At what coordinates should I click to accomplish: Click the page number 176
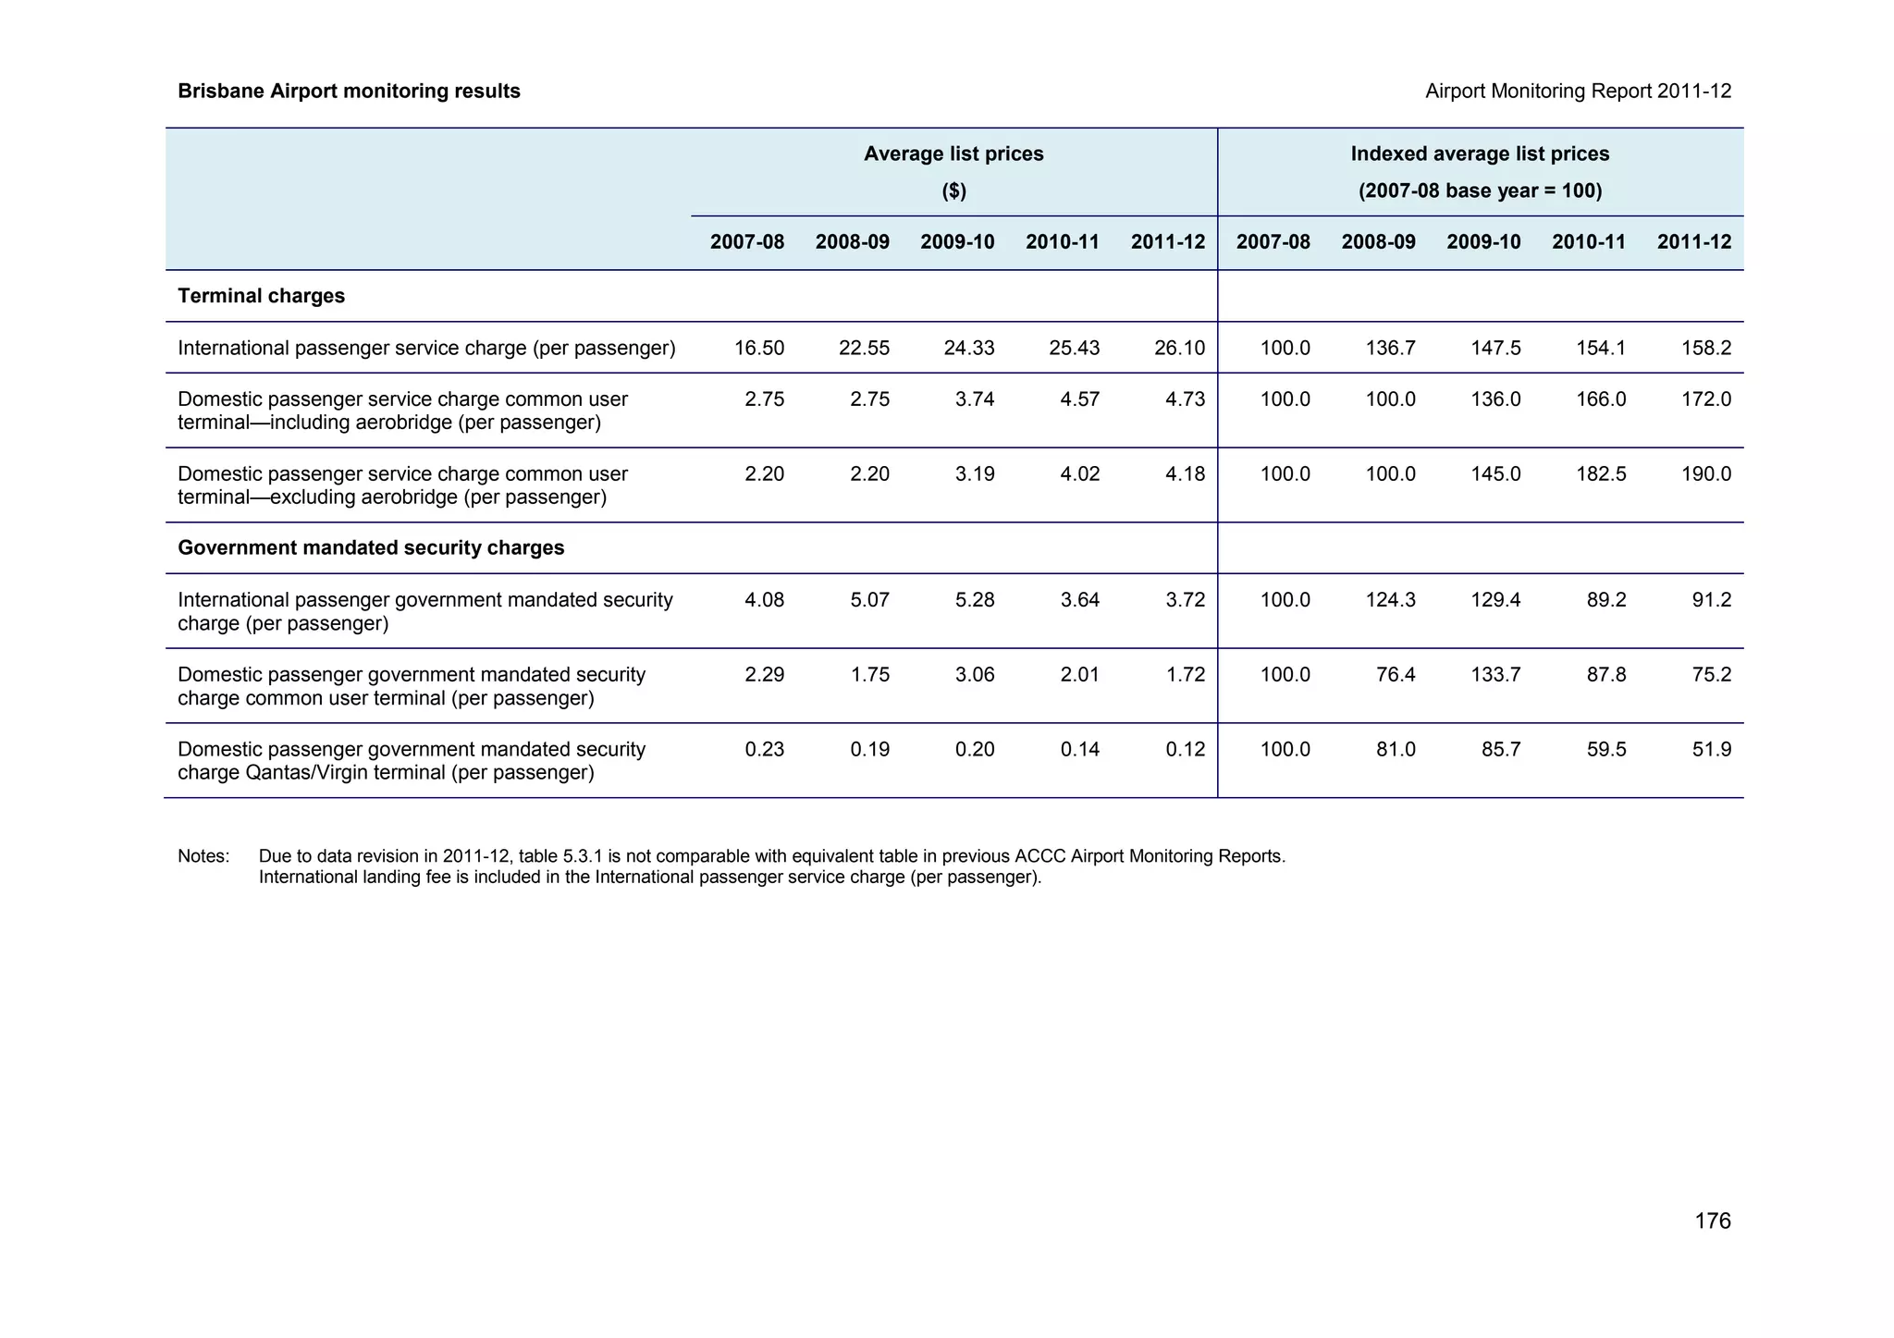click(1712, 1221)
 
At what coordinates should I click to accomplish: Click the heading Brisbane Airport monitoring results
click(349, 92)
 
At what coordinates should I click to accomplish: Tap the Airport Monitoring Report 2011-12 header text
click(1578, 92)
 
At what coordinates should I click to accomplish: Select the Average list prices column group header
click(953, 154)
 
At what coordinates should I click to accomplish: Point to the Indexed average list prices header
click(1480, 154)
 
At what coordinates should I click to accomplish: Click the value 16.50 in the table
click(759, 349)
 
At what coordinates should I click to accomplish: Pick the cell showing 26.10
click(1180, 349)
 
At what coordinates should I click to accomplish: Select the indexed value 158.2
click(1706, 349)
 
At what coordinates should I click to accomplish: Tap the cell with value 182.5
click(1601, 474)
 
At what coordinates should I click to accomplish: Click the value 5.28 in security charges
click(975, 600)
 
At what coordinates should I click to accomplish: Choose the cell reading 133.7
click(1495, 675)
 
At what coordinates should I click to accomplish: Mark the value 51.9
click(1712, 750)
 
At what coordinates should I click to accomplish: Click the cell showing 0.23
click(765, 750)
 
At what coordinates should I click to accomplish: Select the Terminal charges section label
click(261, 296)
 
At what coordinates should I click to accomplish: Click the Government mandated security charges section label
click(371, 548)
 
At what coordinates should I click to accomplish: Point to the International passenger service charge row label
click(426, 349)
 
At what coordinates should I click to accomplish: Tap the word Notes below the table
click(203, 856)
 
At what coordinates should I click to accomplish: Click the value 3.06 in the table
click(975, 675)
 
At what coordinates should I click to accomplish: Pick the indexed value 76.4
click(1396, 675)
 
